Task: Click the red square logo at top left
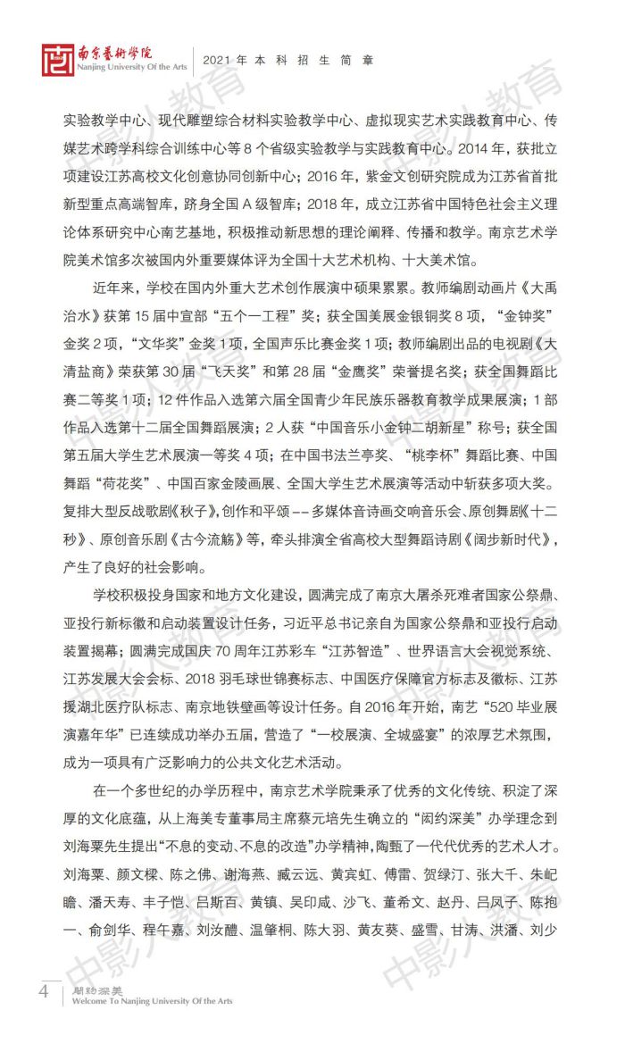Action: pos(55,59)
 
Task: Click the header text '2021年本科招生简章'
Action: pos(287,61)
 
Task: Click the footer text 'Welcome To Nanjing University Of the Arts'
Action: pos(147,1001)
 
